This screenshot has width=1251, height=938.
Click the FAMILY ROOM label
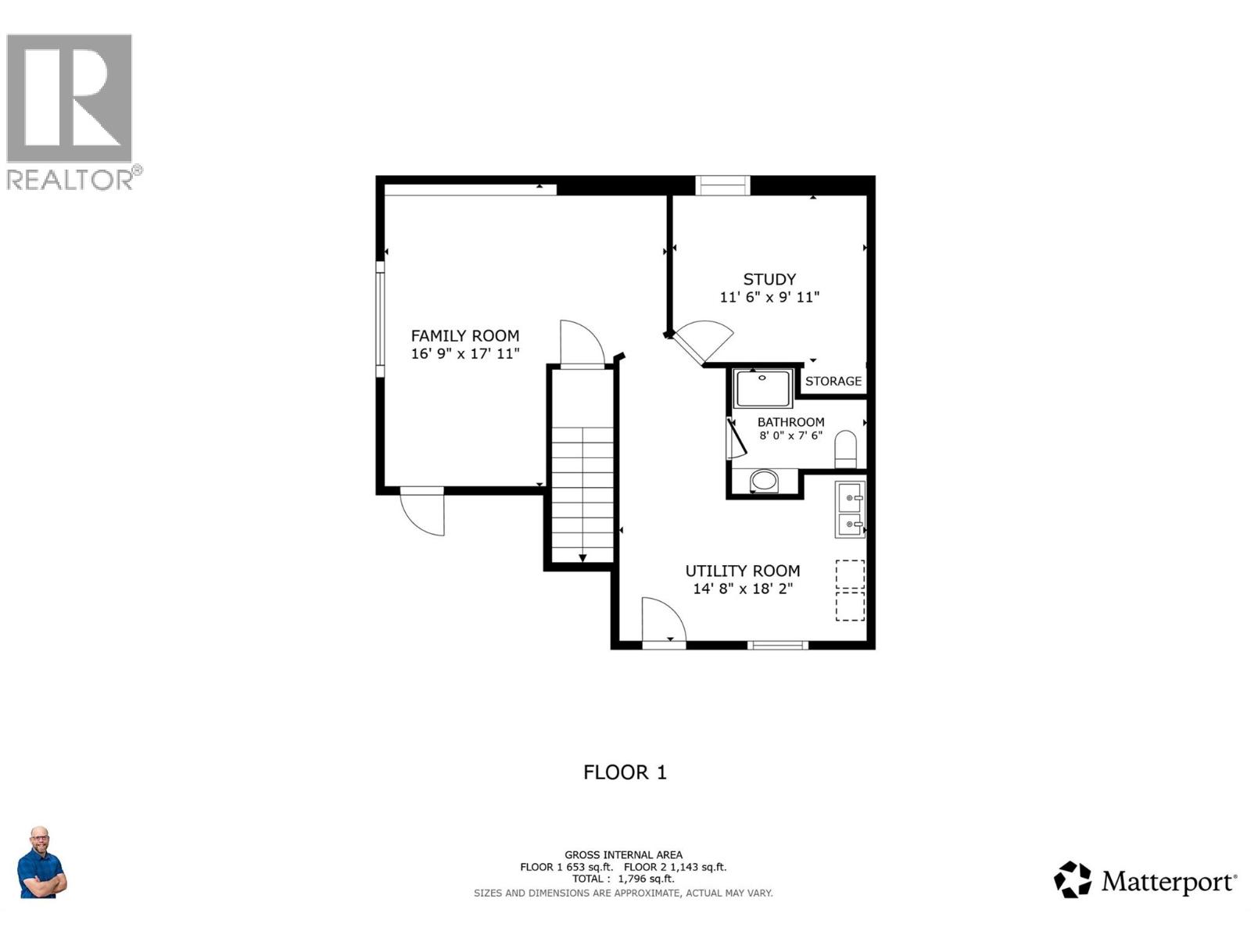point(465,335)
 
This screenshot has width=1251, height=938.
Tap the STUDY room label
point(769,279)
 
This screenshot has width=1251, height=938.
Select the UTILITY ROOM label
point(742,571)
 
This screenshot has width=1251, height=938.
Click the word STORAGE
point(833,381)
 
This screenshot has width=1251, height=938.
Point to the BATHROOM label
point(790,422)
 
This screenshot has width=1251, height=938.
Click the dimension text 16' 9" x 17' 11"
point(465,354)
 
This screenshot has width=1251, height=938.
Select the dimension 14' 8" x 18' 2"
point(742,589)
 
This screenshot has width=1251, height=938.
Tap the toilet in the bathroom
point(845,449)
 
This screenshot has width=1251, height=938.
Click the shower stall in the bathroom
point(762,388)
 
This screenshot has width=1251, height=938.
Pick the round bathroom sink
point(764,480)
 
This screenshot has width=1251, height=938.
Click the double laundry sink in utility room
point(850,510)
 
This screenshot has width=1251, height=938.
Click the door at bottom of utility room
point(664,622)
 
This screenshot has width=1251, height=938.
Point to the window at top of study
point(722,185)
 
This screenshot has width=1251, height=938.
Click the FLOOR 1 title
point(625,772)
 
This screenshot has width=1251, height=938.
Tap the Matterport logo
point(1145,881)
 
